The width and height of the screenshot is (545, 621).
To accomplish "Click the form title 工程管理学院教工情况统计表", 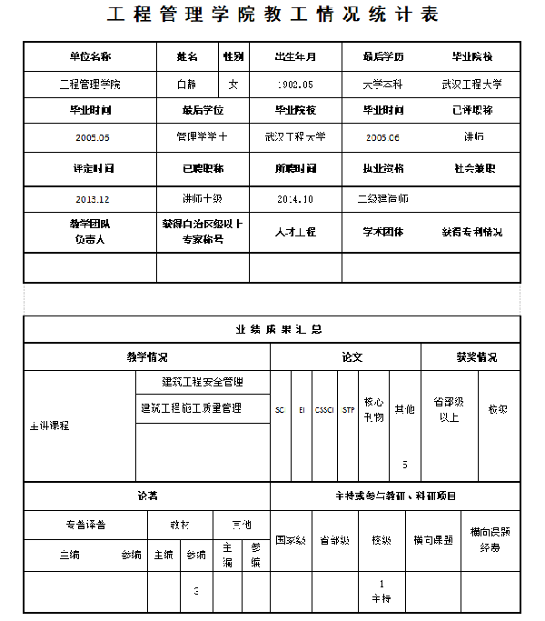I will pos(272,15).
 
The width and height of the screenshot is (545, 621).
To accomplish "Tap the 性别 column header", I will pos(233,56).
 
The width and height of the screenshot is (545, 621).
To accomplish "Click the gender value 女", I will pos(233,85).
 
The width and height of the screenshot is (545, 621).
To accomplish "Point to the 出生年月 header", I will pos(295,56).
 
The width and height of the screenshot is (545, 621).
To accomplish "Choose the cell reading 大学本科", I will pos(383,85).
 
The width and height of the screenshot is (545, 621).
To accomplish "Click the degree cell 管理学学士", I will pos(202,136).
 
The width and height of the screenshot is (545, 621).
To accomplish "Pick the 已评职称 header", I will pos(472,110).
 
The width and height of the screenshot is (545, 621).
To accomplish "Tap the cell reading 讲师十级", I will pos(202,198).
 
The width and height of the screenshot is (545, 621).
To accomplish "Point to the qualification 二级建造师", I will pos(383,198).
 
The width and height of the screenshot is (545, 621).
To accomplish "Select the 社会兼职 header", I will pos(472,168).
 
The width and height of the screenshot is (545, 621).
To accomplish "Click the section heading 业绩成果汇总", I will pos(272,329).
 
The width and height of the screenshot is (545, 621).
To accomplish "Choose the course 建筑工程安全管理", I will pos(203,382).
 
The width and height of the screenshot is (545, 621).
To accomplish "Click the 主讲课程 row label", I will pos(50,425).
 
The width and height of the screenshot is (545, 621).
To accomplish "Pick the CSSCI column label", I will pos(324,410).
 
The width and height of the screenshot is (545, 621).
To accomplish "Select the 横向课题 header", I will pos(433,539).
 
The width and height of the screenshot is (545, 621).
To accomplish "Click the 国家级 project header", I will pos(291,539).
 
